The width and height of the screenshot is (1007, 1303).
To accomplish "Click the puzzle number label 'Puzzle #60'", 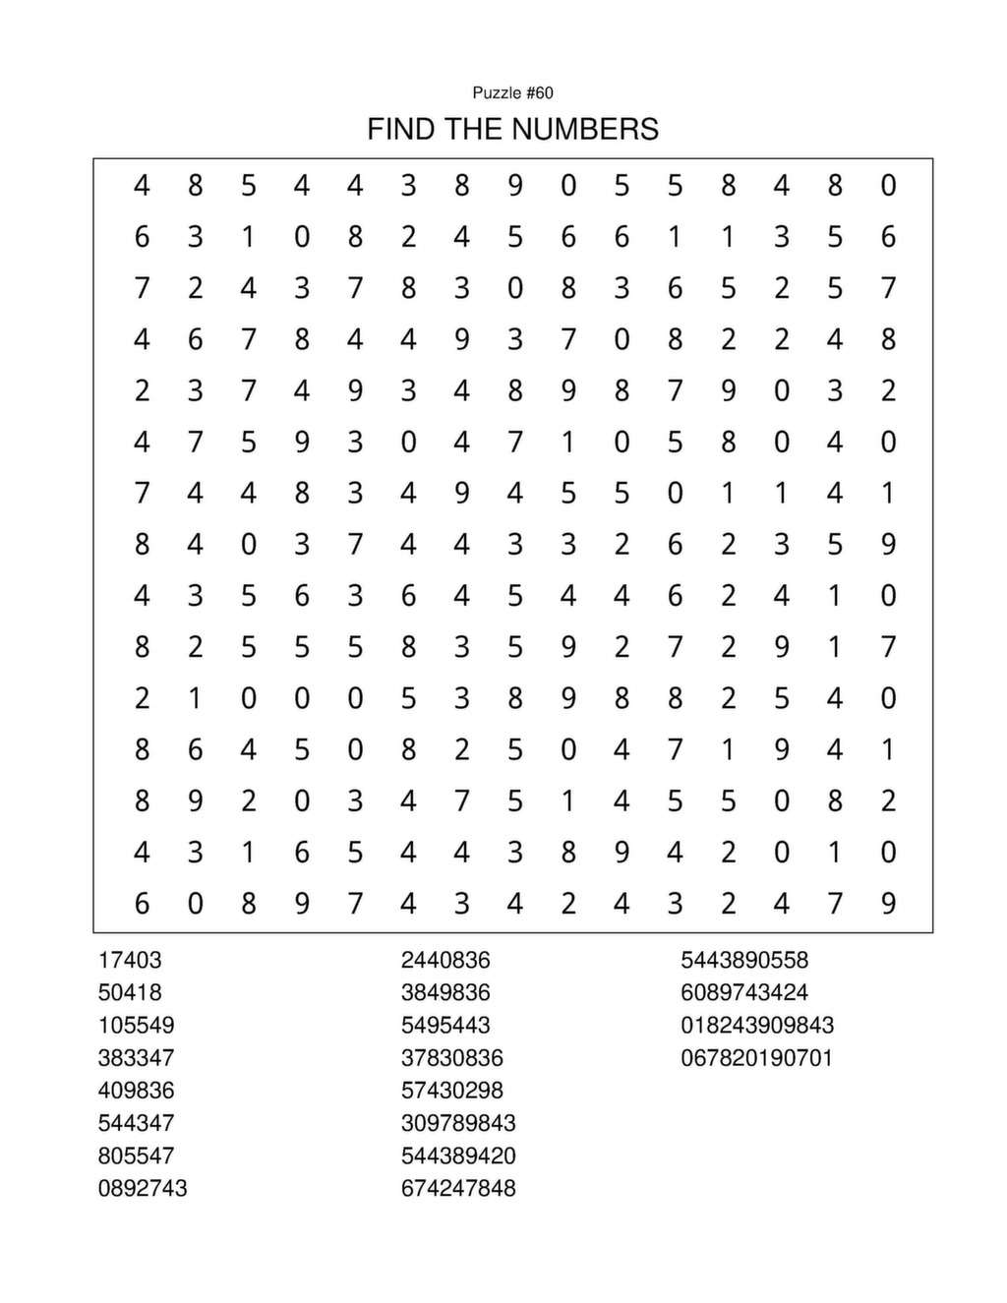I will [512, 92].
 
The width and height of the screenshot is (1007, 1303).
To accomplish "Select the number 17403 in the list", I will [130, 960].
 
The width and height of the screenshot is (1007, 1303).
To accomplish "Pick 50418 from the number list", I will [130, 992].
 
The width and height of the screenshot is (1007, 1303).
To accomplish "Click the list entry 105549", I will [136, 1025].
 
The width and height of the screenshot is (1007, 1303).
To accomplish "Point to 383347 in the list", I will [136, 1058].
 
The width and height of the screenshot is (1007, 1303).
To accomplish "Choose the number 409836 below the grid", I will [136, 1091].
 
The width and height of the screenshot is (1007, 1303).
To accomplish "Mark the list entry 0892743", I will [143, 1188].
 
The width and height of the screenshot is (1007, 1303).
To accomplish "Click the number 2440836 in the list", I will [445, 960].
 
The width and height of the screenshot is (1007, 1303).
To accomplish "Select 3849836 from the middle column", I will [445, 992].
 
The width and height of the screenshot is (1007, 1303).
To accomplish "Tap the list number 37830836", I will [451, 1058].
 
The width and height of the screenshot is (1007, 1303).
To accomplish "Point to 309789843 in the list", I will [458, 1123].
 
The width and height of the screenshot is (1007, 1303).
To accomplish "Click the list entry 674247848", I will [458, 1188].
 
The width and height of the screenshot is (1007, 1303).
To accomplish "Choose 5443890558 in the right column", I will [744, 960].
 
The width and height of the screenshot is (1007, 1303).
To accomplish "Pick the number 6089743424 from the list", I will [744, 992].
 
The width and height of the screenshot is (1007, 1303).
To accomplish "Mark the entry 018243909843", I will [757, 1025].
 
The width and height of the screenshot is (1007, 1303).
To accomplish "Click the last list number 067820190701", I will [757, 1058].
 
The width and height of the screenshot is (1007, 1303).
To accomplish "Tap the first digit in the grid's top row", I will [142, 185].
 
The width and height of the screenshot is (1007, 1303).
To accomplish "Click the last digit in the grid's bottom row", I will [888, 903].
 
